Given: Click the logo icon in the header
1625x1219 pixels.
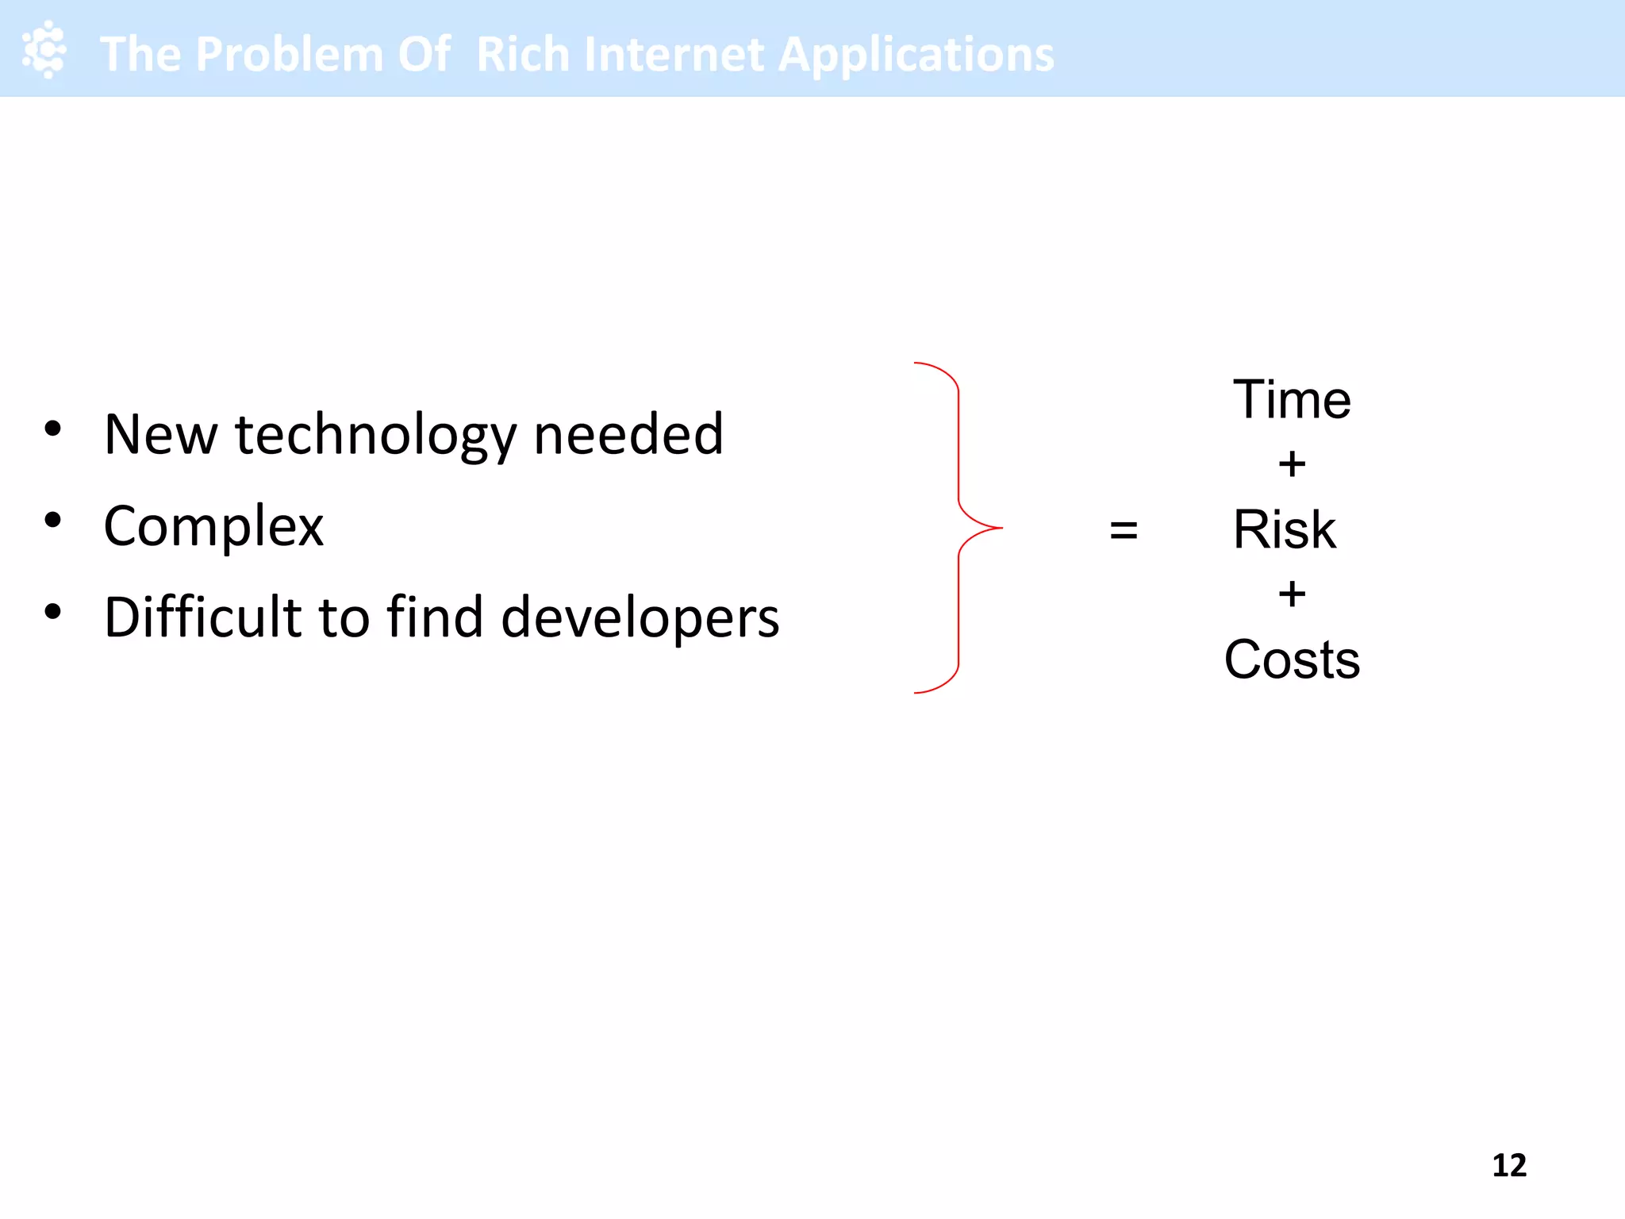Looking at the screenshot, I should tap(44, 49).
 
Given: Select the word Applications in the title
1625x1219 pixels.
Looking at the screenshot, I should tap(916, 56).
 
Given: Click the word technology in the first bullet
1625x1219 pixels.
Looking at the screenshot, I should tap(376, 436).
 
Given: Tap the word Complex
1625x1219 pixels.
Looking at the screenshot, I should tap(213, 527).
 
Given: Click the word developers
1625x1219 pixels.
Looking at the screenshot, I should tap(640, 619).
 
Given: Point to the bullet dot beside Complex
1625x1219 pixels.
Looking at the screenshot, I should tap(53, 521).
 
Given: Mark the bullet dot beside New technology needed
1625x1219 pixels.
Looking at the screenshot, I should tap(53, 429).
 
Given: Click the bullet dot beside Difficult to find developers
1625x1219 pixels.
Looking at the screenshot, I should tap(53, 612).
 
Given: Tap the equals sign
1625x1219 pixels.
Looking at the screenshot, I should tap(1124, 529).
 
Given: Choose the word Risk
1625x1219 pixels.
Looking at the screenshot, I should tap(1284, 529).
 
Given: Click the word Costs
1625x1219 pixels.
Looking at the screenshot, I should tap(1292, 659).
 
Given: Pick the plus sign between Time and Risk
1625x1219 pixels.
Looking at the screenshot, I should tap(1292, 464).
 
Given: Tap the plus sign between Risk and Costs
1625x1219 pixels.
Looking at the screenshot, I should tap(1292, 594).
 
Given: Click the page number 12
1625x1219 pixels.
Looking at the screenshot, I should tap(1508, 1165).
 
